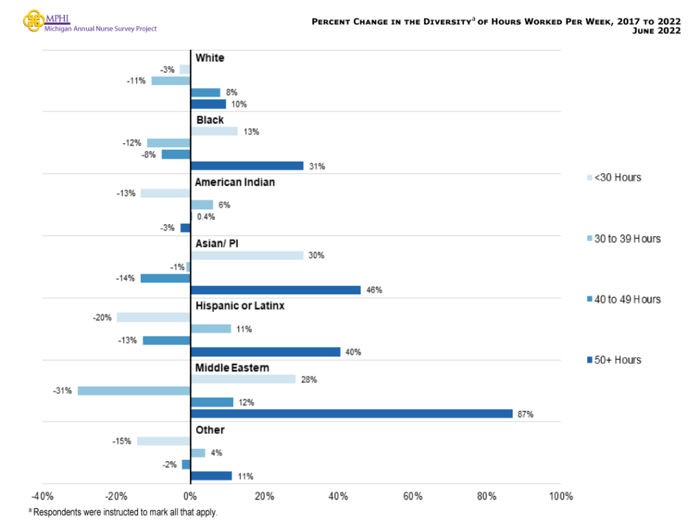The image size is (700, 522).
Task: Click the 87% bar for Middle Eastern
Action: click(351, 414)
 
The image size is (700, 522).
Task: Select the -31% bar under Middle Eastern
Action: click(133, 391)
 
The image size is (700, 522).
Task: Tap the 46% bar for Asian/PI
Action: click(275, 290)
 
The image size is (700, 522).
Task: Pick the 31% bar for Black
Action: click(247, 166)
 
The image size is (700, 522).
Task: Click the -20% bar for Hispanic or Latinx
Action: click(153, 317)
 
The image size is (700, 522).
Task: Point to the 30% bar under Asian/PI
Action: click(247, 255)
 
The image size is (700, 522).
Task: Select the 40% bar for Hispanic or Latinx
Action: click(265, 352)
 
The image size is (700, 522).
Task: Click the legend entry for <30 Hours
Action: click(615, 178)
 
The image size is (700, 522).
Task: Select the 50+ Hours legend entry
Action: click(615, 360)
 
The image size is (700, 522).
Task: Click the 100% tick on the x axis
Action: click(561, 496)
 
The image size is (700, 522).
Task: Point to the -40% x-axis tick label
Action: click(42, 496)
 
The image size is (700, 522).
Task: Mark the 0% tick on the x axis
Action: click(190, 496)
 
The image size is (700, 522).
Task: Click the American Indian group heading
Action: click(234, 183)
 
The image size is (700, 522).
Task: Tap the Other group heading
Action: click(210, 430)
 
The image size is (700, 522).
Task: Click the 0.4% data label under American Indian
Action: click(206, 217)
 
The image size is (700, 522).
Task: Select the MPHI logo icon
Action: click(33, 20)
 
